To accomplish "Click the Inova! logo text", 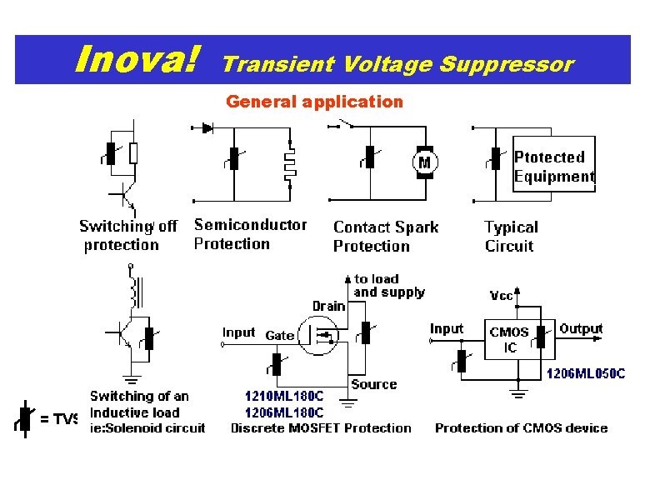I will pos(137,59).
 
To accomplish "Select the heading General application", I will pos(314,102).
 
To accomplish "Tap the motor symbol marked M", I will pos(425,162).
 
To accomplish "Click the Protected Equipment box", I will pos(553,165).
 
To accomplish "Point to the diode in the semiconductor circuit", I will pos(207,128).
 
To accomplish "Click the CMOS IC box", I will pos(509,339).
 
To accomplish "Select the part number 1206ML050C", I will pos(585,374).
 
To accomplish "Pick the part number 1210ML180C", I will pos(284,397).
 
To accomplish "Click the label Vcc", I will pos(501,296).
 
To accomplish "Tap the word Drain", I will pos(328,306).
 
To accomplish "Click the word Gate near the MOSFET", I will pos(280,335).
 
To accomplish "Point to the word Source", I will pos(373,384).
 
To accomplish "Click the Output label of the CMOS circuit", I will pos(581,329).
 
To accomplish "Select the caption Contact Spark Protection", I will pos(385,236).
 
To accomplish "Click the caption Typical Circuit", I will pos(511,236).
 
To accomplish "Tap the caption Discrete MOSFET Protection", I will pos(321,428).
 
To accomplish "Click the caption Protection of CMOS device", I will pos(521,428).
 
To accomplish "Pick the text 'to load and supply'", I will pos(388,286).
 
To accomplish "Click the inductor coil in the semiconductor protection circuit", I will pos(290,164).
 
